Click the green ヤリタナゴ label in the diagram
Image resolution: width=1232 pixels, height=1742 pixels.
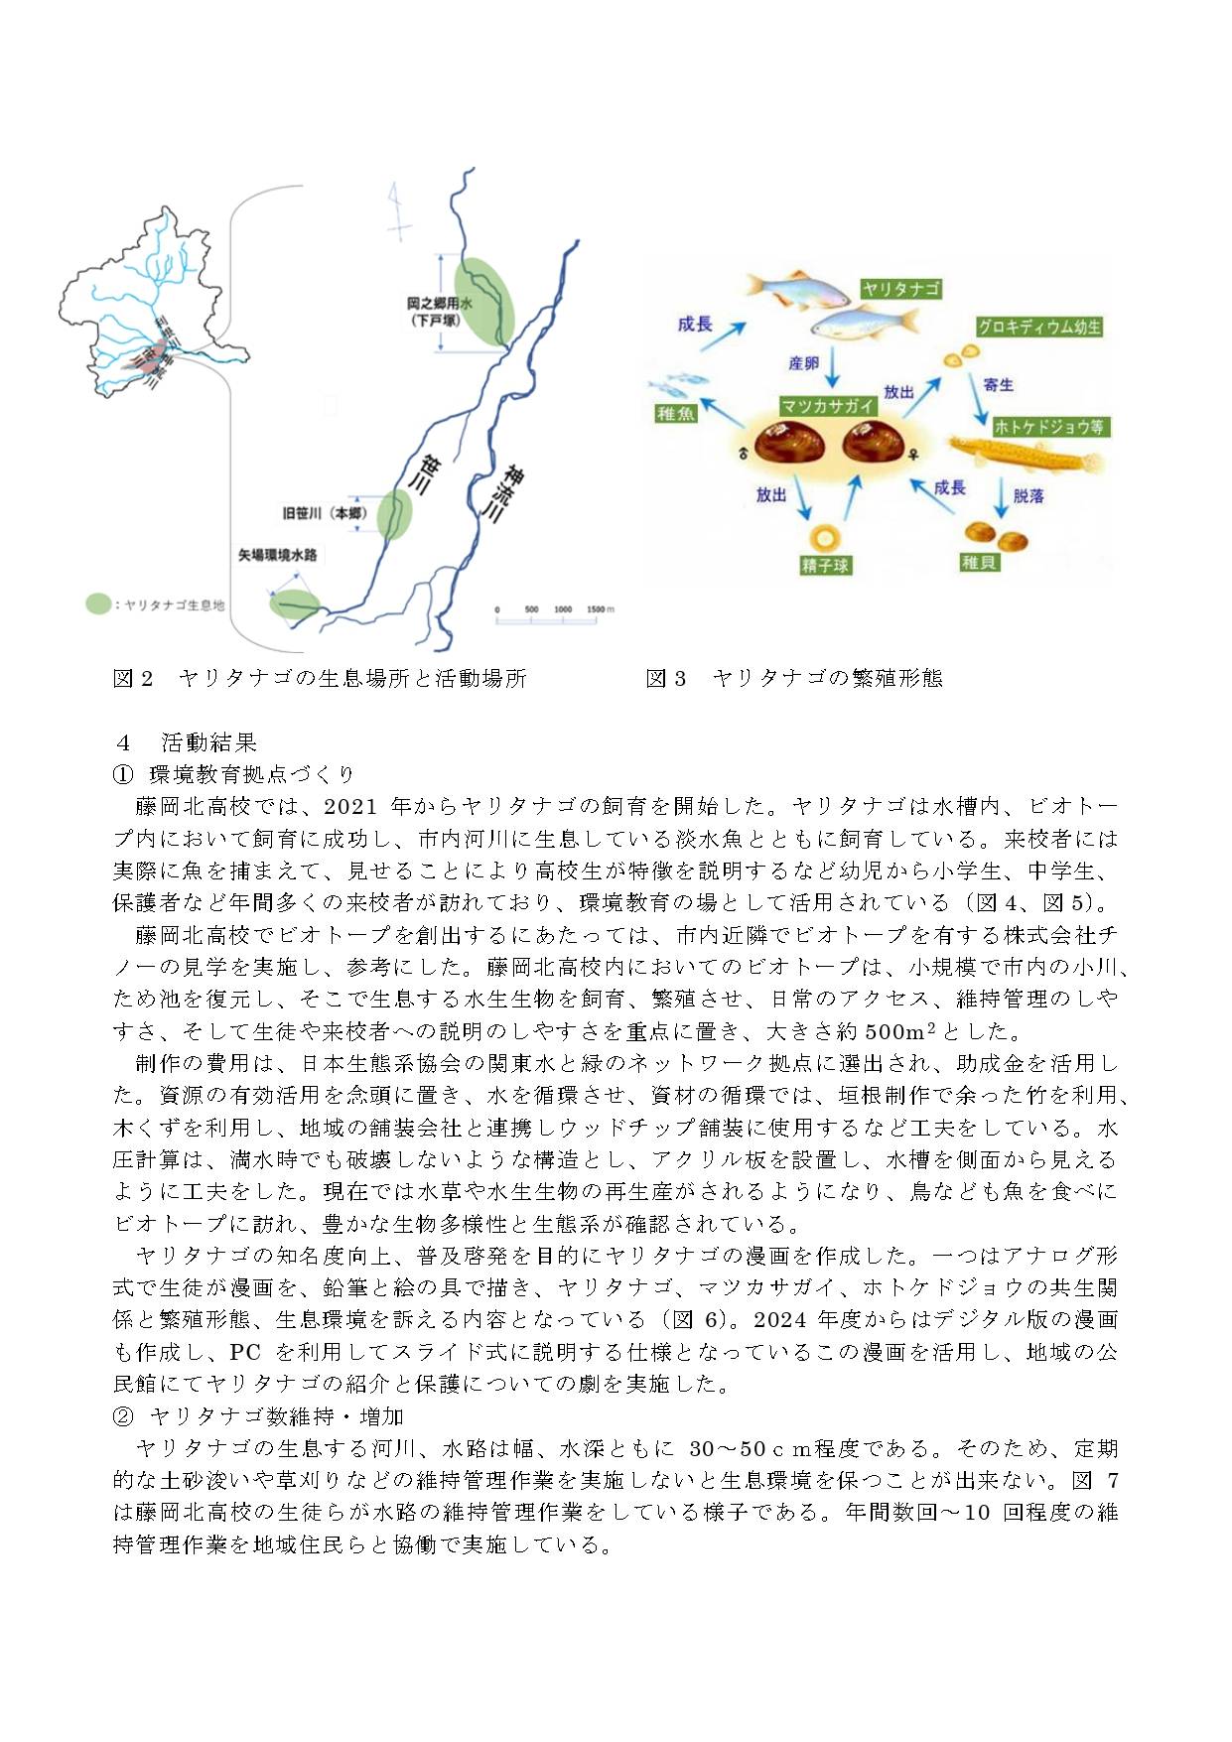(x=900, y=289)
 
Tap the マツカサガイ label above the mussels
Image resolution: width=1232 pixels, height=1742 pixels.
(x=827, y=405)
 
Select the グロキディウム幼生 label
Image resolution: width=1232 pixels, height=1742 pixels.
(x=1038, y=327)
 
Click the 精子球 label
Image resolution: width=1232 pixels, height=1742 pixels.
(x=826, y=566)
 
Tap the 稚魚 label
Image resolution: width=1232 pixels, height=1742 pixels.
(x=675, y=413)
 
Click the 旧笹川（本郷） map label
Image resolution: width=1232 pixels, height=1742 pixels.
(x=326, y=513)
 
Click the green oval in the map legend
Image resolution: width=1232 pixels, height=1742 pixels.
(x=97, y=603)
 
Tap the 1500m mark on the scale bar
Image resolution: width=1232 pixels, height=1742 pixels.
(x=599, y=609)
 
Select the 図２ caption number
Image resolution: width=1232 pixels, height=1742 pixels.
(x=133, y=678)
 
